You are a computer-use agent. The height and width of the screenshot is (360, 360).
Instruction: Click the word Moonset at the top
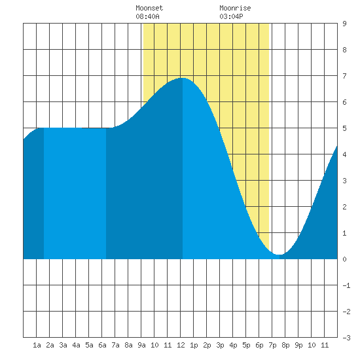tap(149, 8)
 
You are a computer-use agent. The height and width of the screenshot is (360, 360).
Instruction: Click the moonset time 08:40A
tap(147, 16)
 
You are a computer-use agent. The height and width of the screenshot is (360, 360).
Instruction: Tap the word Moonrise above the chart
tap(235, 8)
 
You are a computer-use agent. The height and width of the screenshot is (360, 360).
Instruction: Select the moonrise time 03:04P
tap(231, 16)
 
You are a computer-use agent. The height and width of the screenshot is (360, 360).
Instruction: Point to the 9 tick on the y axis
tap(344, 24)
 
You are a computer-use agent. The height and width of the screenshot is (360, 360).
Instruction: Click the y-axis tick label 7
tap(344, 76)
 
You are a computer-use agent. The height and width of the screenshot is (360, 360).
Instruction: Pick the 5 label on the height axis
tap(344, 128)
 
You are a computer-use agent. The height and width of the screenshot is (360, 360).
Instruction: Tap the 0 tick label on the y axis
tap(344, 259)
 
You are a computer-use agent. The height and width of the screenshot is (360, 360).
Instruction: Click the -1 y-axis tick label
tap(346, 285)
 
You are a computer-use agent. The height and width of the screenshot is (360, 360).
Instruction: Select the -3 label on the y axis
tap(346, 338)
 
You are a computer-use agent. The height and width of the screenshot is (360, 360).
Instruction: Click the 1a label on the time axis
tap(37, 345)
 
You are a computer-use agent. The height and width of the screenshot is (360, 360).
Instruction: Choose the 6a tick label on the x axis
tap(102, 345)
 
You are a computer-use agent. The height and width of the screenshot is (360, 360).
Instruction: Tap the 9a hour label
tap(141, 345)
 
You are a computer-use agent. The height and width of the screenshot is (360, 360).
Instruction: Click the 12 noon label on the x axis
tap(181, 345)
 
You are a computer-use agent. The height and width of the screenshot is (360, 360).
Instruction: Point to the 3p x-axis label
tap(220, 345)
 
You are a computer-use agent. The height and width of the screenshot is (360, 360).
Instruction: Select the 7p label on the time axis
tap(272, 345)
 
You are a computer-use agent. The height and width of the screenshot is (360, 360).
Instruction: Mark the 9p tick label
tap(298, 345)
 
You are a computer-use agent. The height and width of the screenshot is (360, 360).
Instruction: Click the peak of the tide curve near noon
tap(183, 78)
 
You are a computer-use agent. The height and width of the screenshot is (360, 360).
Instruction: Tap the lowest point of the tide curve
tap(279, 255)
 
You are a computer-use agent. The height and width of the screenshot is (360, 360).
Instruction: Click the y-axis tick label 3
tap(344, 181)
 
